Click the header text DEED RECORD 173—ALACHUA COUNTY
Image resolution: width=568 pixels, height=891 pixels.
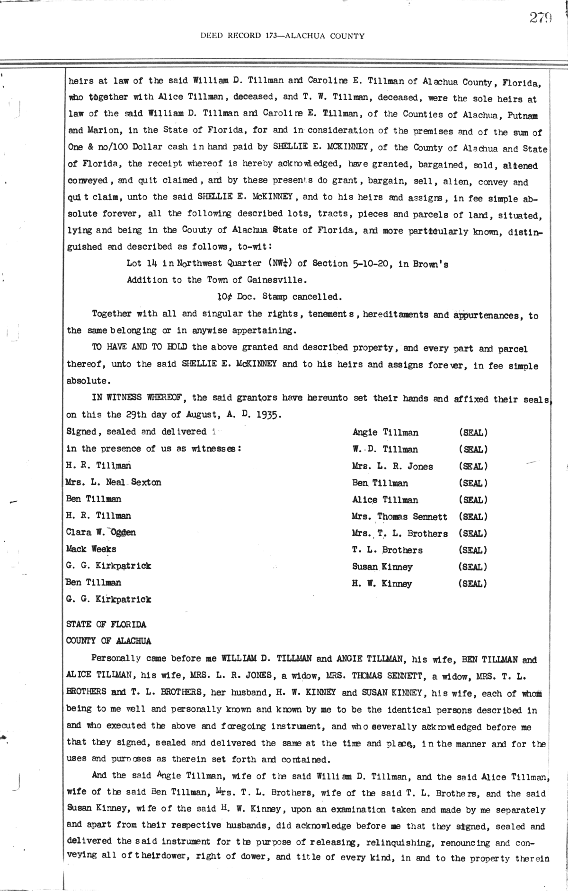283,35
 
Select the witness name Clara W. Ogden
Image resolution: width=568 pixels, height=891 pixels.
101,533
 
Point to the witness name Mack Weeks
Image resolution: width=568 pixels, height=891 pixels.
91,549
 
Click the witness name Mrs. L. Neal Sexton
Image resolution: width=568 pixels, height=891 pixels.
114,482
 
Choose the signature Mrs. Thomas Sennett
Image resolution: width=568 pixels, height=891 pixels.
399,516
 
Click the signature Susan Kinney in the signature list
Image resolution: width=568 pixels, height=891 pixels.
382,567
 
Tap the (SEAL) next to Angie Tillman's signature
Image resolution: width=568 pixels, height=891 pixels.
473,432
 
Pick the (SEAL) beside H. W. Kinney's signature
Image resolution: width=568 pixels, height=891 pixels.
473,584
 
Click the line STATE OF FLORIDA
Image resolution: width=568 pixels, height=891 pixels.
106,624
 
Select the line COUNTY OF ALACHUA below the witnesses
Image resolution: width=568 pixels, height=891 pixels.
108,641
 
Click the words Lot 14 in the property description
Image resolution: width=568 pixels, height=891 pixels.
142,263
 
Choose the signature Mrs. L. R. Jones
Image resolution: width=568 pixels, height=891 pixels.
392,466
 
